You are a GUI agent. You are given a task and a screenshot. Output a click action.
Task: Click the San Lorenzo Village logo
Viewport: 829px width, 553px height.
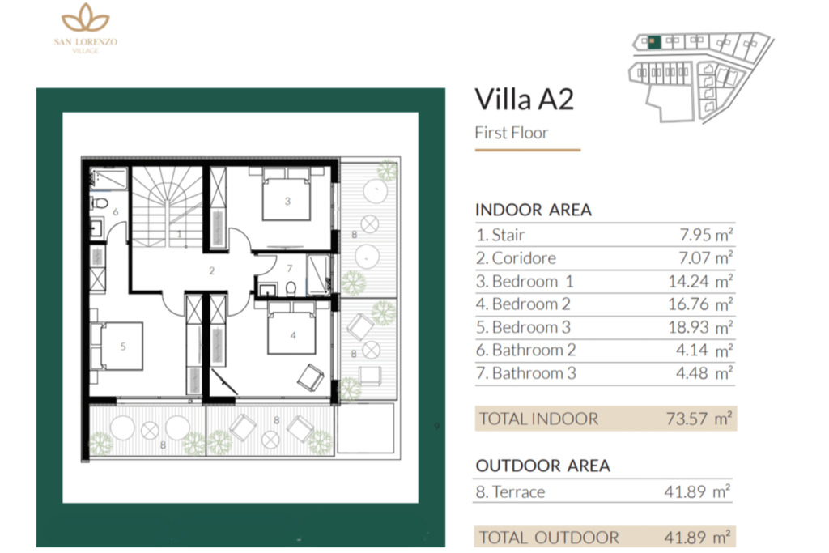(x=85, y=28)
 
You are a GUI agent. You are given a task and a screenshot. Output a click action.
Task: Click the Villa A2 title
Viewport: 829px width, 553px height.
(x=524, y=100)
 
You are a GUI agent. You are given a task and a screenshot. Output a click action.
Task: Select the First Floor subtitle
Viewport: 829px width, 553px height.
(x=511, y=133)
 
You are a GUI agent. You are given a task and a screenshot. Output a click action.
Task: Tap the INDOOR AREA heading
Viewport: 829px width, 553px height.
(x=533, y=210)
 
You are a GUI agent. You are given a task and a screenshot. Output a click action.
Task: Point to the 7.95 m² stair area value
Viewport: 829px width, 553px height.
(x=705, y=236)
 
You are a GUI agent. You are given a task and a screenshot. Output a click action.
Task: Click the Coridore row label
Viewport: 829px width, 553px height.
(x=516, y=258)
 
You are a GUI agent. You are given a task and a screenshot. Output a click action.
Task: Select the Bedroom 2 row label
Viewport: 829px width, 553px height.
(x=525, y=304)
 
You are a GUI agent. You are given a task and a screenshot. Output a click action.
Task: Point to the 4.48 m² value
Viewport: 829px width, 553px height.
(x=707, y=373)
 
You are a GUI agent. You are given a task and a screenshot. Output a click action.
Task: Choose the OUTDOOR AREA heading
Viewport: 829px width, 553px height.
(x=542, y=466)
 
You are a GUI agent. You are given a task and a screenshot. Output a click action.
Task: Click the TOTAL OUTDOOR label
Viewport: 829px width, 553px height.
(x=549, y=537)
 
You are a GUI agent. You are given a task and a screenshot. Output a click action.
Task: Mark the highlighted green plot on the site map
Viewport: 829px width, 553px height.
(x=657, y=40)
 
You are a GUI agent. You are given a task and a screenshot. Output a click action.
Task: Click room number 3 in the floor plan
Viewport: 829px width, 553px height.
(x=287, y=202)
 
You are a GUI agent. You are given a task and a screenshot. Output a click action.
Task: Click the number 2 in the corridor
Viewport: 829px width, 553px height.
(x=211, y=271)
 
